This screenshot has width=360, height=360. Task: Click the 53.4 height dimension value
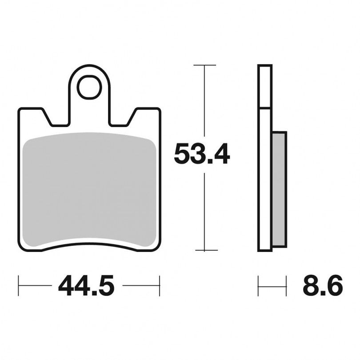[x=202, y=153]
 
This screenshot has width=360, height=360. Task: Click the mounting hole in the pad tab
[x=89, y=87]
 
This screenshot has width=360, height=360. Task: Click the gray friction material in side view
[x=280, y=190]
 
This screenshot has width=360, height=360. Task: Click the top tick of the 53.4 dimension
[x=204, y=65]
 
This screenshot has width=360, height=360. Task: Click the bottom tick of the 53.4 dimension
[x=206, y=250]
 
